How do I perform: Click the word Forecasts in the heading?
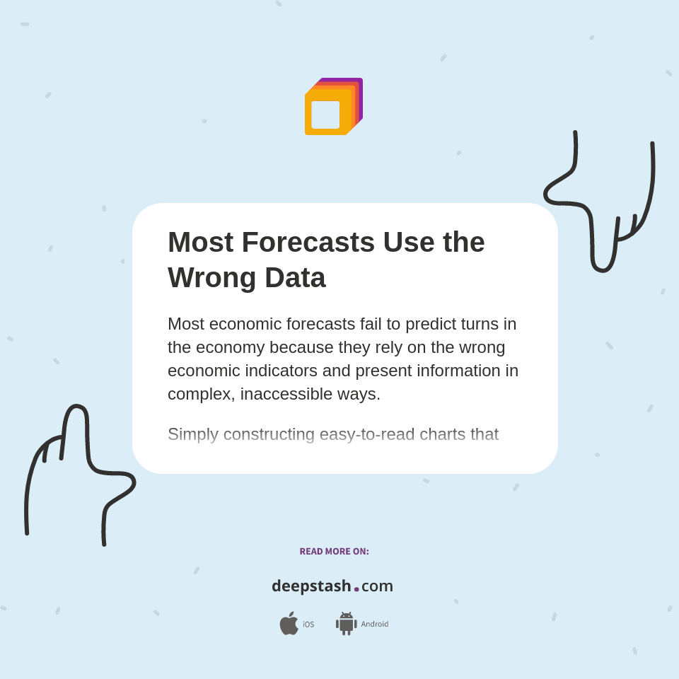tap(308, 243)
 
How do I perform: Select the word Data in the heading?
tap(295, 278)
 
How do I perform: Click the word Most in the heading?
tap(200, 243)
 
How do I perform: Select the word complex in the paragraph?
tap(198, 394)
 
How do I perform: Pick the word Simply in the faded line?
tap(193, 434)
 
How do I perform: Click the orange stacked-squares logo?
tap(333, 106)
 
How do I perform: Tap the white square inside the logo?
tap(325, 115)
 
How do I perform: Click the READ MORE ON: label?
tap(334, 552)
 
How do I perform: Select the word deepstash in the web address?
tap(311, 586)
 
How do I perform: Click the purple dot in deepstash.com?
tap(356, 589)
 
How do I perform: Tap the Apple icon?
tap(289, 624)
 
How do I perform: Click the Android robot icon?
tap(346, 624)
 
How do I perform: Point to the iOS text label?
tap(308, 625)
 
